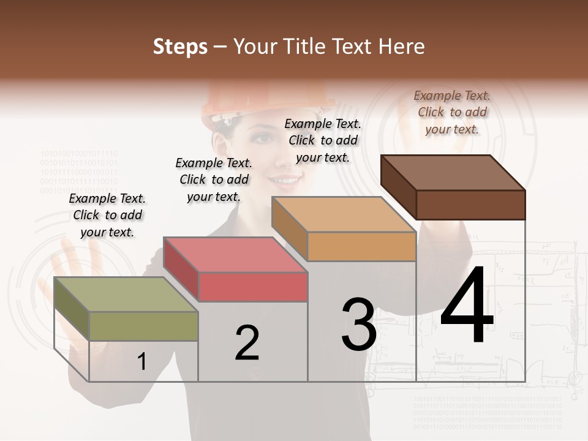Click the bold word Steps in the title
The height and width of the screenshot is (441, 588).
pos(180,47)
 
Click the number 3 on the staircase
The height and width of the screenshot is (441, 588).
pos(359,325)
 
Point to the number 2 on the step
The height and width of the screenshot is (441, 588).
pos(247,343)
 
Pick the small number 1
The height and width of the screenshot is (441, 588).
pos(141,362)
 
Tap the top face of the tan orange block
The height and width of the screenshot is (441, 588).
pos(344,214)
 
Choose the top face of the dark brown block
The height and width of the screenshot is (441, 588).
pos(453,172)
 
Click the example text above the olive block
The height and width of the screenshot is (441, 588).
pos(107,215)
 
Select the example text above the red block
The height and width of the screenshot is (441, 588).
pos(214,179)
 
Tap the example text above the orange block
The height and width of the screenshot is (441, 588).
pos(323,140)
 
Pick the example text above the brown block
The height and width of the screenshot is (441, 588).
pos(452,112)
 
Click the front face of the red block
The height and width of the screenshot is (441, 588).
pos(253,287)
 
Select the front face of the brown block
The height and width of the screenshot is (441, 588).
pos(470,205)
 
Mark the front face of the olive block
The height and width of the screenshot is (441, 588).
pos(144,326)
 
